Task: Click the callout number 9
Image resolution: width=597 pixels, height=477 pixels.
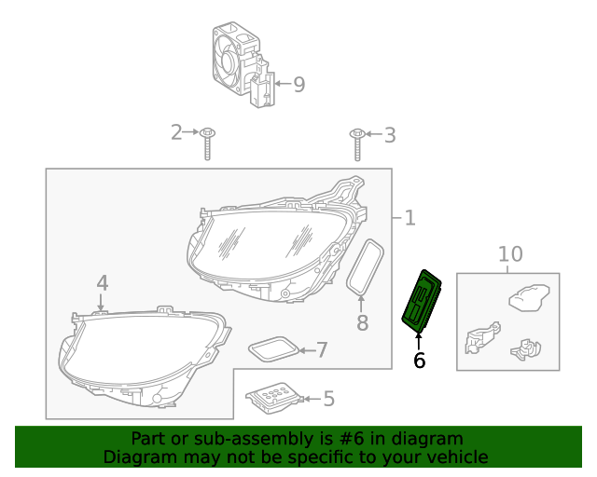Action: [298, 85]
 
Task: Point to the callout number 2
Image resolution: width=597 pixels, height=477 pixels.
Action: [176, 133]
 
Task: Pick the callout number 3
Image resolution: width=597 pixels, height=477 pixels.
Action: [389, 135]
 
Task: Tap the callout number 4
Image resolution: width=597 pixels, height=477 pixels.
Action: [102, 282]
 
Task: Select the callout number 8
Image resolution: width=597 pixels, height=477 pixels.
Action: [362, 323]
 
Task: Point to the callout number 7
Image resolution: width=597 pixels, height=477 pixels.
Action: [322, 350]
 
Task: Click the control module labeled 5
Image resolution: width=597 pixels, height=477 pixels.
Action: [273, 397]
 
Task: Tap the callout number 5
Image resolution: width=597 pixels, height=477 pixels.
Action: [327, 400]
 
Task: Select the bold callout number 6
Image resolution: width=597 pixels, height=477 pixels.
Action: [419, 360]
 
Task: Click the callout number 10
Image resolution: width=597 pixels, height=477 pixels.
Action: [510, 253]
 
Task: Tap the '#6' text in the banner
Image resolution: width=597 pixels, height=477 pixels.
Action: [347, 439]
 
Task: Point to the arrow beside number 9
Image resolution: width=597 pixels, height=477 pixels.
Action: [280, 85]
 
